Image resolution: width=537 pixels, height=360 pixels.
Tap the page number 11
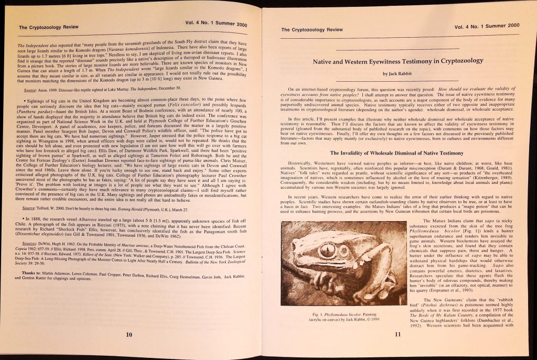tap(398, 334)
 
